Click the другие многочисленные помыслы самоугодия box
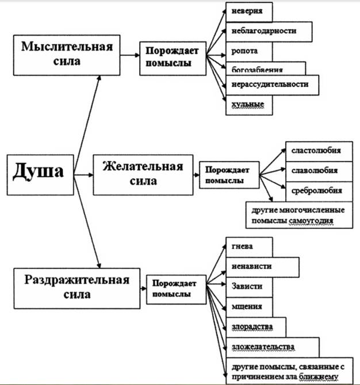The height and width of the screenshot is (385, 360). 290,214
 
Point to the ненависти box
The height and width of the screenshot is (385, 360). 262,266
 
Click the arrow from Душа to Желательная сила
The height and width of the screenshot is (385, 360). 83,174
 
